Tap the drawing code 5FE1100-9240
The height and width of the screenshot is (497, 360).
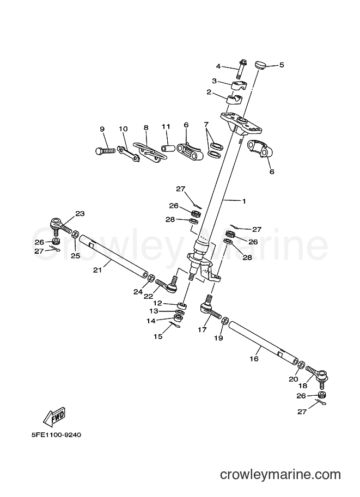coord(56,435)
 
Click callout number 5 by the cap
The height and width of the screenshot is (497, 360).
coord(282,65)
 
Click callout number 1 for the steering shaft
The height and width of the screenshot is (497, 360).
coord(243,201)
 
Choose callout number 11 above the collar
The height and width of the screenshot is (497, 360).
coord(166,127)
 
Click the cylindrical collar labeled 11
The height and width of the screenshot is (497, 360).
coord(168,148)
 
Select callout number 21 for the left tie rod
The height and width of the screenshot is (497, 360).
coord(97,270)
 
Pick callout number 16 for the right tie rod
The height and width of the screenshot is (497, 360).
coord(254,359)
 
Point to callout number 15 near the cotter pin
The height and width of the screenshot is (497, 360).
coord(158,336)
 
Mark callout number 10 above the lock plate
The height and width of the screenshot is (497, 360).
coord(124,129)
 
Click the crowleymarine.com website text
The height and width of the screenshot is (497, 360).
coord(280,475)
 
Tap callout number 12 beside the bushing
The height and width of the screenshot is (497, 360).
coord(157,303)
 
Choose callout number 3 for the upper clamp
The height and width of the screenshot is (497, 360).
coord(215,81)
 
